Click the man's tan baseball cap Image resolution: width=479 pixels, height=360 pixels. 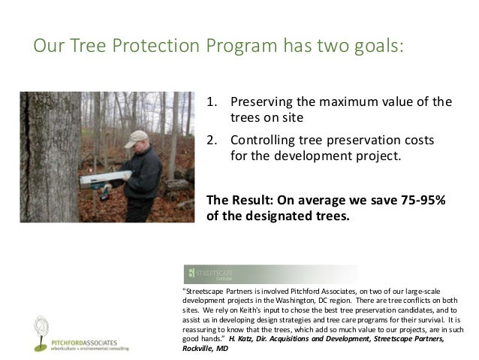pos(137,138)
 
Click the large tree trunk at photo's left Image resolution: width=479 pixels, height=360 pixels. pos(48,158)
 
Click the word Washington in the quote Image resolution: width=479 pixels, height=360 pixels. pos(326,301)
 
